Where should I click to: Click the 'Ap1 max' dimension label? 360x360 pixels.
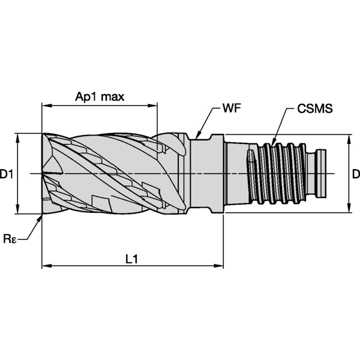(100, 97)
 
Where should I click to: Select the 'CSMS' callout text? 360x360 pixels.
(314, 110)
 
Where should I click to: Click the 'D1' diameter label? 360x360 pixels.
(7, 175)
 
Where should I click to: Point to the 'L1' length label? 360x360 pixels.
(132, 259)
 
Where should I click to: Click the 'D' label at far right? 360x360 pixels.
(355, 175)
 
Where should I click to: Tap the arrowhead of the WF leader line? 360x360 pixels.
(197, 137)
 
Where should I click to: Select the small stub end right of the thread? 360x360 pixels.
(321, 174)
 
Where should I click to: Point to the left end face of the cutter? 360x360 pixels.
(44, 174)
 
